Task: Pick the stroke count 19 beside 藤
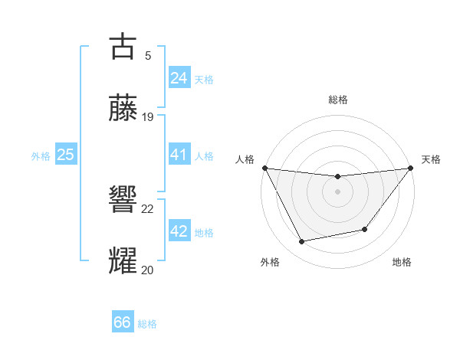[148, 117]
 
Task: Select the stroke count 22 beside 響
[148, 208]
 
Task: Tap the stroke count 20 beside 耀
[148, 270]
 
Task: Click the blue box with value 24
[179, 78]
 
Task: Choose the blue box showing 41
[179, 155]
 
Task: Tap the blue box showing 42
[179, 231]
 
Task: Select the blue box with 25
[66, 155]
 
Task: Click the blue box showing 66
[123, 322]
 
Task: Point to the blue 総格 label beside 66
[148, 324]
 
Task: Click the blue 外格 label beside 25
[41, 156]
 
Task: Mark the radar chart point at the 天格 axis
[410, 169]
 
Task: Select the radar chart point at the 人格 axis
[264, 168]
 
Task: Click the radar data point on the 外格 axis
[301, 242]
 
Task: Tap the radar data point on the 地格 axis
[365, 229]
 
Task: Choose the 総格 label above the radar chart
[337, 100]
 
